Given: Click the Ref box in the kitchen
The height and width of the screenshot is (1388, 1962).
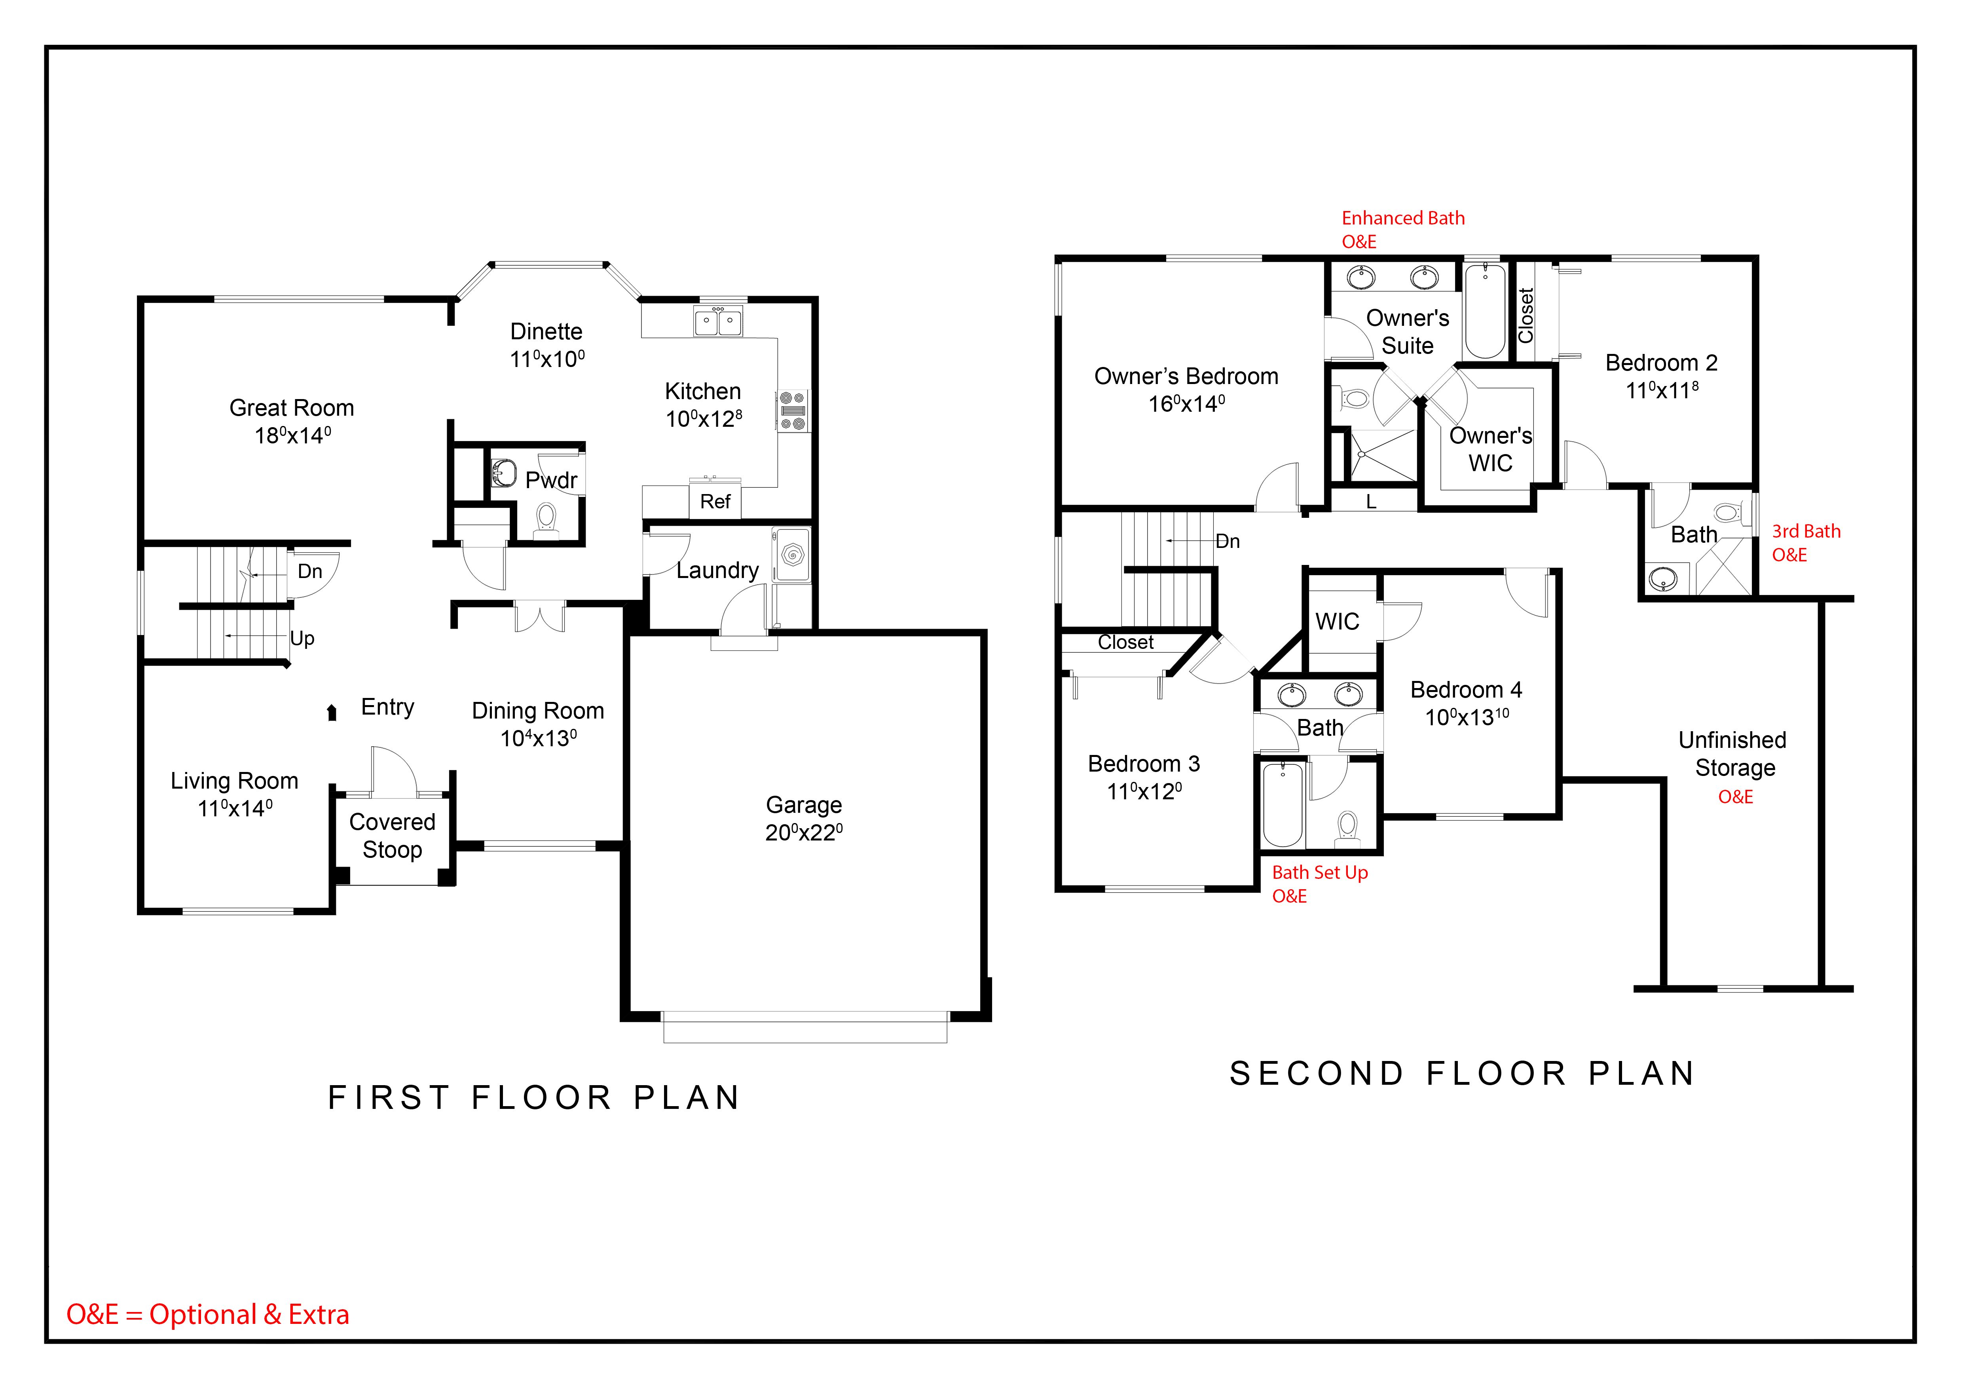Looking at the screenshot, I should click(715, 502).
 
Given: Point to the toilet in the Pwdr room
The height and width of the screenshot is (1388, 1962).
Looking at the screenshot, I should click(546, 518).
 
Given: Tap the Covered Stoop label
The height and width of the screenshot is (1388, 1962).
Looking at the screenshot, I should click(392, 836).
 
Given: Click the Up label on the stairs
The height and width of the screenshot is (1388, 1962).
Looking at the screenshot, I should click(302, 639).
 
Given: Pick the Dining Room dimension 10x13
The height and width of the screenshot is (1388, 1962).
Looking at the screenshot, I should click(538, 738).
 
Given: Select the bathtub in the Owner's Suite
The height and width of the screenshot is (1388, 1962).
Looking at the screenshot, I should click(1484, 311).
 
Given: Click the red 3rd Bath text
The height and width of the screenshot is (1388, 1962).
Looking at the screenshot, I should click(1806, 532).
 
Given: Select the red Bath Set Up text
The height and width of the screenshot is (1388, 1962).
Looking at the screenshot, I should click(1319, 873).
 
